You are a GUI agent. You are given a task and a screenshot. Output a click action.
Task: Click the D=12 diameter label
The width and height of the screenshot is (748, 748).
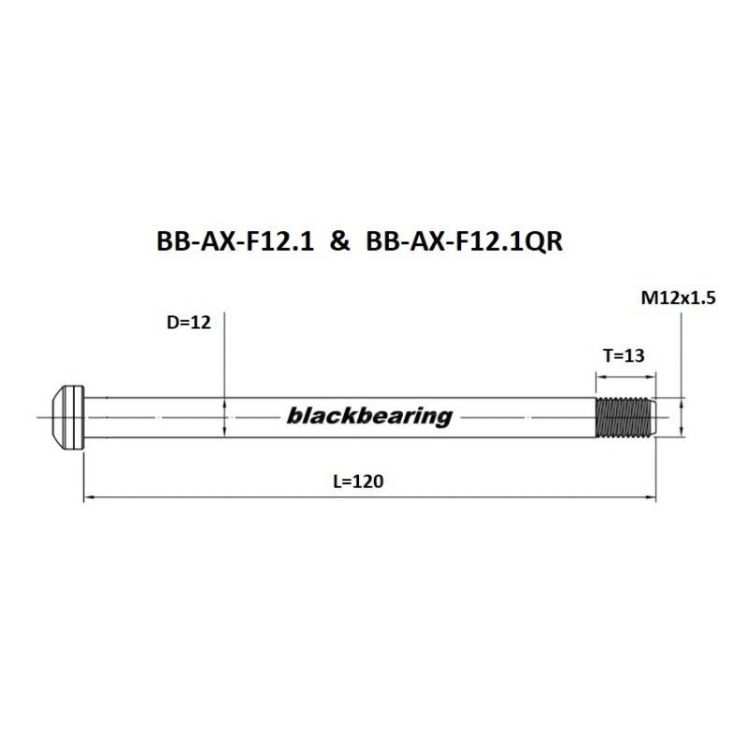[x=187, y=323]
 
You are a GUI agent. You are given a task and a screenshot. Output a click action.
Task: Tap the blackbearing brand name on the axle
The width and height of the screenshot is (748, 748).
[x=368, y=416]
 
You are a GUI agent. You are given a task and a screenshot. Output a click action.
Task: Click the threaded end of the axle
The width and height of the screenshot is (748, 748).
[x=626, y=417]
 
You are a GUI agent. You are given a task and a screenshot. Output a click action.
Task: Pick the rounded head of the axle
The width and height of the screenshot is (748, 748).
[x=64, y=417]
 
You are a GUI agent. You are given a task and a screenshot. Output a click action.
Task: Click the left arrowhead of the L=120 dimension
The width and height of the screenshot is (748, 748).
[x=89, y=498]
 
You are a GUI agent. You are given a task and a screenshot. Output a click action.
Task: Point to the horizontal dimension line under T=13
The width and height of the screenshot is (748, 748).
[x=626, y=376]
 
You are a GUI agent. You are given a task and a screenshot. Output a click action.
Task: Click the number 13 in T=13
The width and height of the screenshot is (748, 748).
[x=637, y=355]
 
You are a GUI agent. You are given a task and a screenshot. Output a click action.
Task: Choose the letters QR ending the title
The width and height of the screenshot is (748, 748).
[x=551, y=241]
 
